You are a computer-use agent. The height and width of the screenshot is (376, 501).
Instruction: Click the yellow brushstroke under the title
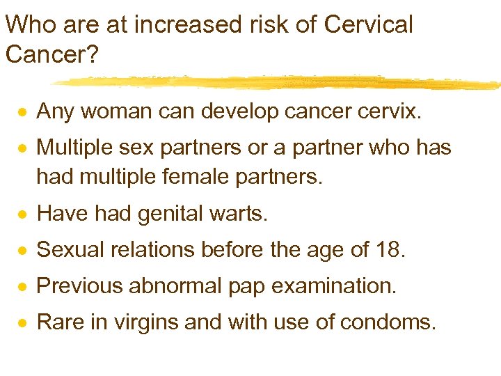tap(278, 82)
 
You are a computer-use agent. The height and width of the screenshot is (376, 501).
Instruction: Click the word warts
tap(237, 214)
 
